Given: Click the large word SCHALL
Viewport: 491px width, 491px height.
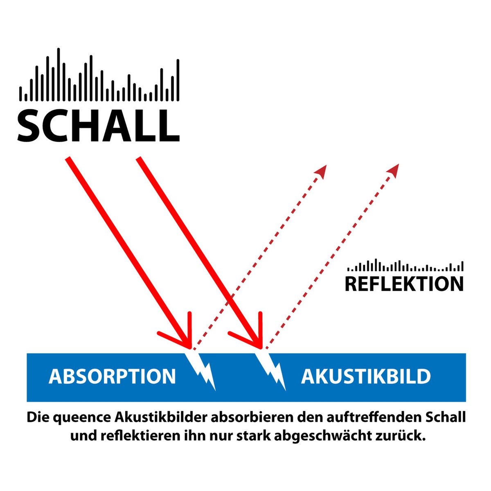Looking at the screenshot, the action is pos(98,126).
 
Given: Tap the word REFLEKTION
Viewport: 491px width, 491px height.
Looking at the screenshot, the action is pos(404,284).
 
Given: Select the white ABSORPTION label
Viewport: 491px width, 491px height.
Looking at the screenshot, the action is pos(112,376).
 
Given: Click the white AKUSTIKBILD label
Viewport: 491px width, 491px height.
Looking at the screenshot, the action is pos(366,376).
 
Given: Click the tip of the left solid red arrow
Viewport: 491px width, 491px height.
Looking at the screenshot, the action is pos(190,349).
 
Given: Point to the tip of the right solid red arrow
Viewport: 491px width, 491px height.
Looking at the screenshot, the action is pos(261,349).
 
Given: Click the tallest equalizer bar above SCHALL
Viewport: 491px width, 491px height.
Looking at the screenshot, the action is pos(59,74).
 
